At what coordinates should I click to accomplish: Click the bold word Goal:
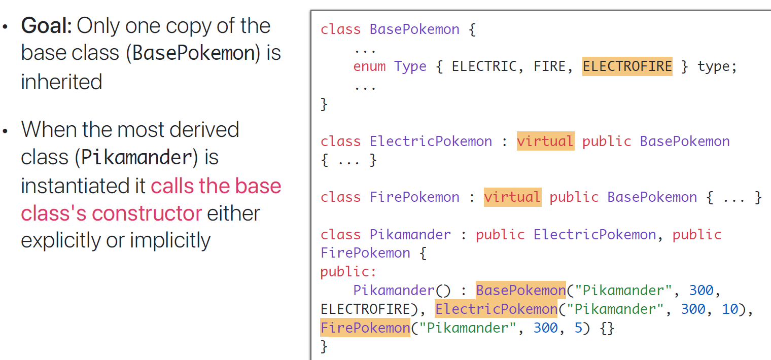[x=47, y=26]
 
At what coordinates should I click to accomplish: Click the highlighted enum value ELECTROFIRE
[x=627, y=66]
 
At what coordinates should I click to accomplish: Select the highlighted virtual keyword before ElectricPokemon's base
[x=545, y=141]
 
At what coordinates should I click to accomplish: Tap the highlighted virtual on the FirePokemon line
[x=512, y=197]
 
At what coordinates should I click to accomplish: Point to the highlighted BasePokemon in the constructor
[x=520, y=291]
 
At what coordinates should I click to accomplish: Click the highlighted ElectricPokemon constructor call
[x=496, y=309]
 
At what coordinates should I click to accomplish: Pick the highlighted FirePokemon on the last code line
[x=365, y=328]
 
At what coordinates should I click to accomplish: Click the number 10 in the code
[x=730, y=309]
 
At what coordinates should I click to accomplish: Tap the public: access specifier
[x=348, y=272]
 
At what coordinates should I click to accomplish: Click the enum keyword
[x=369, y=66]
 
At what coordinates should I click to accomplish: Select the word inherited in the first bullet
[x=61, y=81]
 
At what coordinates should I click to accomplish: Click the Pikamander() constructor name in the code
[x=394, y=291]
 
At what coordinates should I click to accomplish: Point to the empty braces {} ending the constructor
[x=607, y=328]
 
